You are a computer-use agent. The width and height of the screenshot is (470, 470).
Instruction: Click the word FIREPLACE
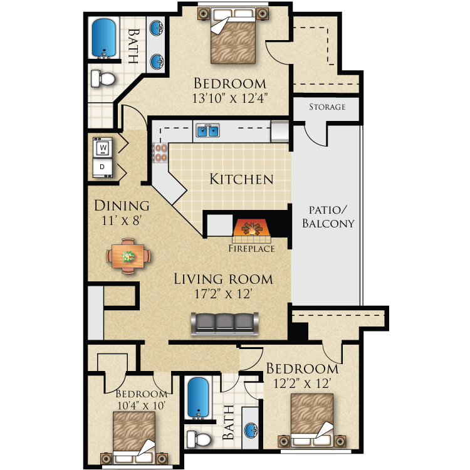251,249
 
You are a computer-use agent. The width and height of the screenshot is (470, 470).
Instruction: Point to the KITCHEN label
241,179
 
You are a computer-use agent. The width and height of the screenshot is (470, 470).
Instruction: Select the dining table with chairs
128,256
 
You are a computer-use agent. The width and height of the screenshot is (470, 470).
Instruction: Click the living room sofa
224,323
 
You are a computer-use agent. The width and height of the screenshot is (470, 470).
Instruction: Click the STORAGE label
326,107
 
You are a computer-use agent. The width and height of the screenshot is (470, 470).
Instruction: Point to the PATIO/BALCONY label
328,216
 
